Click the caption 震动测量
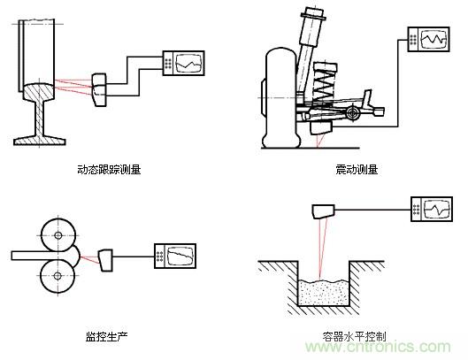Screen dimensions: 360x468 tap(352, 169)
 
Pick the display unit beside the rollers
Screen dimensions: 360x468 tap(176, 255)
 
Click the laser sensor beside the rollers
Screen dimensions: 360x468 tap(106, 258)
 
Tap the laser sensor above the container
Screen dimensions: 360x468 tap(324, 211)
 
